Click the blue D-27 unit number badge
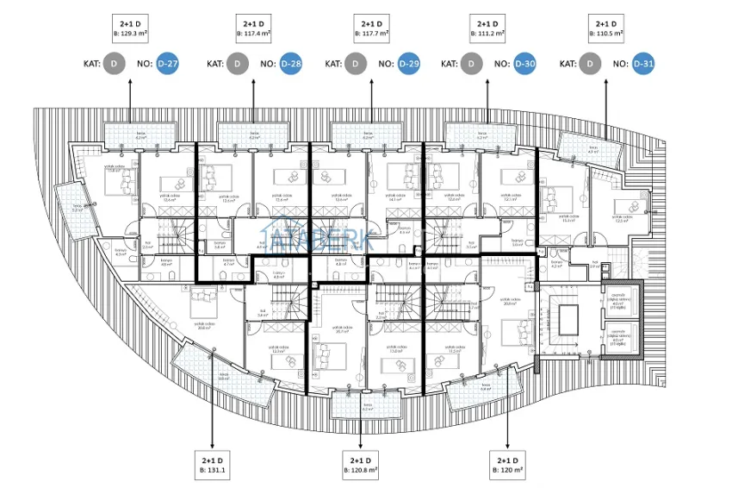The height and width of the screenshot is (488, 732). pyautogui.click(x=167, y=64)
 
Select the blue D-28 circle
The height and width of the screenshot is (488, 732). pyautogui.click(x=291, y=64)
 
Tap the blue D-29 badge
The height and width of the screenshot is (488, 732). pyautogui.click(x=409, y=64)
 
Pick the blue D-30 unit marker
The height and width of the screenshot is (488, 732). pyautogui.click(x=524, y=64)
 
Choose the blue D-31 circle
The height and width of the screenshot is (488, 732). pyautogui.click(x=643, y=64)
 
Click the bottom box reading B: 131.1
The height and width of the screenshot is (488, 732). pyautogui.click(x=213, y=466)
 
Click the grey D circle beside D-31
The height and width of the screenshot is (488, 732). pyautogui.click(x=590, y=64)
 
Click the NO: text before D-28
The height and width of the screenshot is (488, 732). pyautogui.click(x=268, y=64)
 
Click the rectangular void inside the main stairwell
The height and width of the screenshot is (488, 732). pyautogui.click(x=570, y=321)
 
